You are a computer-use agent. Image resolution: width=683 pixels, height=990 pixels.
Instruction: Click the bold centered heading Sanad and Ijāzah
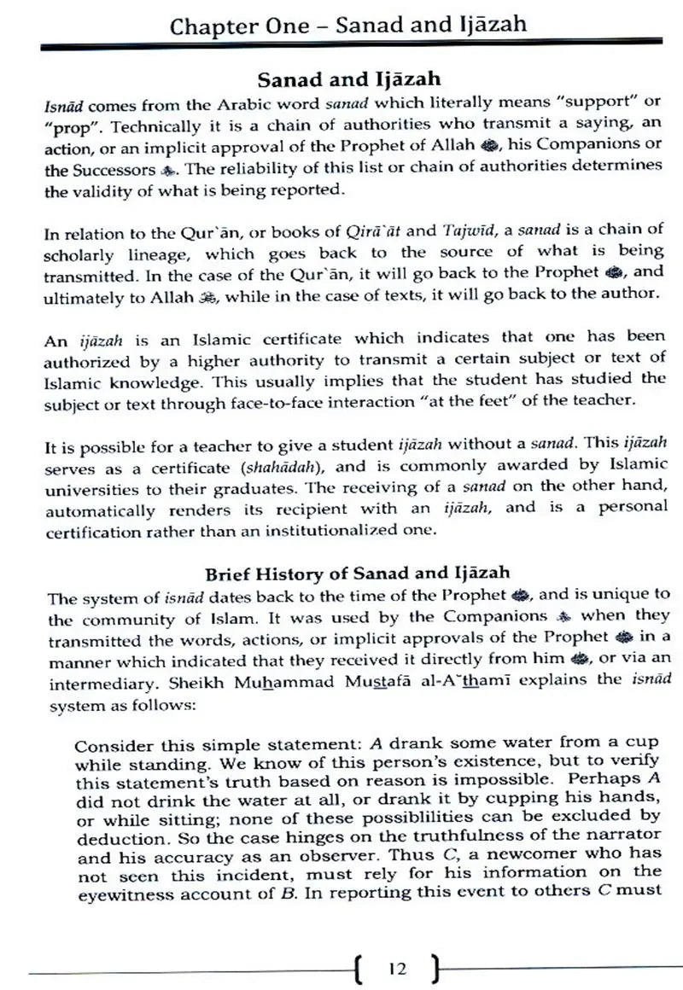click(x=349, y=79)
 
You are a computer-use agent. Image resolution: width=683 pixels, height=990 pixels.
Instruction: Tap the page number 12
click(x=396, y=968)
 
